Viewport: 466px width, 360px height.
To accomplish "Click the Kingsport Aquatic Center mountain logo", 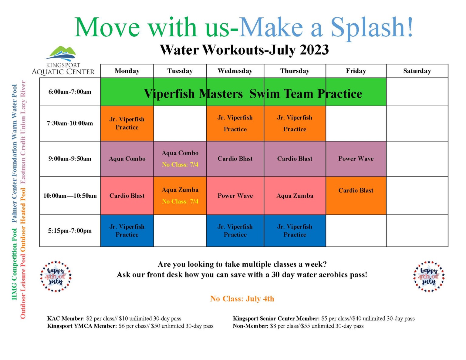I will click(x=61, y=53).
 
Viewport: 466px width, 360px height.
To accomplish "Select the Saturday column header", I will click(x=417, y=71).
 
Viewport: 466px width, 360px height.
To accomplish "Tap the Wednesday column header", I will click(x=235, y=71).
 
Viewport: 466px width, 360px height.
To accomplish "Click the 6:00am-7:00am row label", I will click(x=70, y=92).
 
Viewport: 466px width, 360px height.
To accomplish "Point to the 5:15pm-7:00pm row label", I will click(x=70, y=231).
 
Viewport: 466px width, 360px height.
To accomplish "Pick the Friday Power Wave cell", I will click(x=356, y=159).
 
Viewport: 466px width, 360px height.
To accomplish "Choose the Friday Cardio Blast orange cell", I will click(x=356, y=195).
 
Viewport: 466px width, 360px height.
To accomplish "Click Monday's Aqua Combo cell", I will click(x=127, y=159).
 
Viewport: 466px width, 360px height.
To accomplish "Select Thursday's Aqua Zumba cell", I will click(x=295, y=196).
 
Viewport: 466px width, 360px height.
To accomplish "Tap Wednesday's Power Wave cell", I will click(x=235, y=196).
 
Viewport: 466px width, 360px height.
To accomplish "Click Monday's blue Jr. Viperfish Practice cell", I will click(x=127, y=231).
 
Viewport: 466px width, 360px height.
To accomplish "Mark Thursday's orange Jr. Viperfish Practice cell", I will click(x=295, y=123).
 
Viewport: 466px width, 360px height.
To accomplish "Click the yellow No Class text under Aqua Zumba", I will click(x=180, y=201).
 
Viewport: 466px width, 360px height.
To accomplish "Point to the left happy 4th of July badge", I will click(x=56, y=277).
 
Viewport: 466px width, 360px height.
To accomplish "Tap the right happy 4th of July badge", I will click(x=429, y=277).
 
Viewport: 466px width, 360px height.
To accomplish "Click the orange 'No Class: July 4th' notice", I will click(x=242, y=299).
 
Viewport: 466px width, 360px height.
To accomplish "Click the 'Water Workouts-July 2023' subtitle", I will click(x=244, y=50).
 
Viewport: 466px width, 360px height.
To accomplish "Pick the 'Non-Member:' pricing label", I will click(x=250, y=326).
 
